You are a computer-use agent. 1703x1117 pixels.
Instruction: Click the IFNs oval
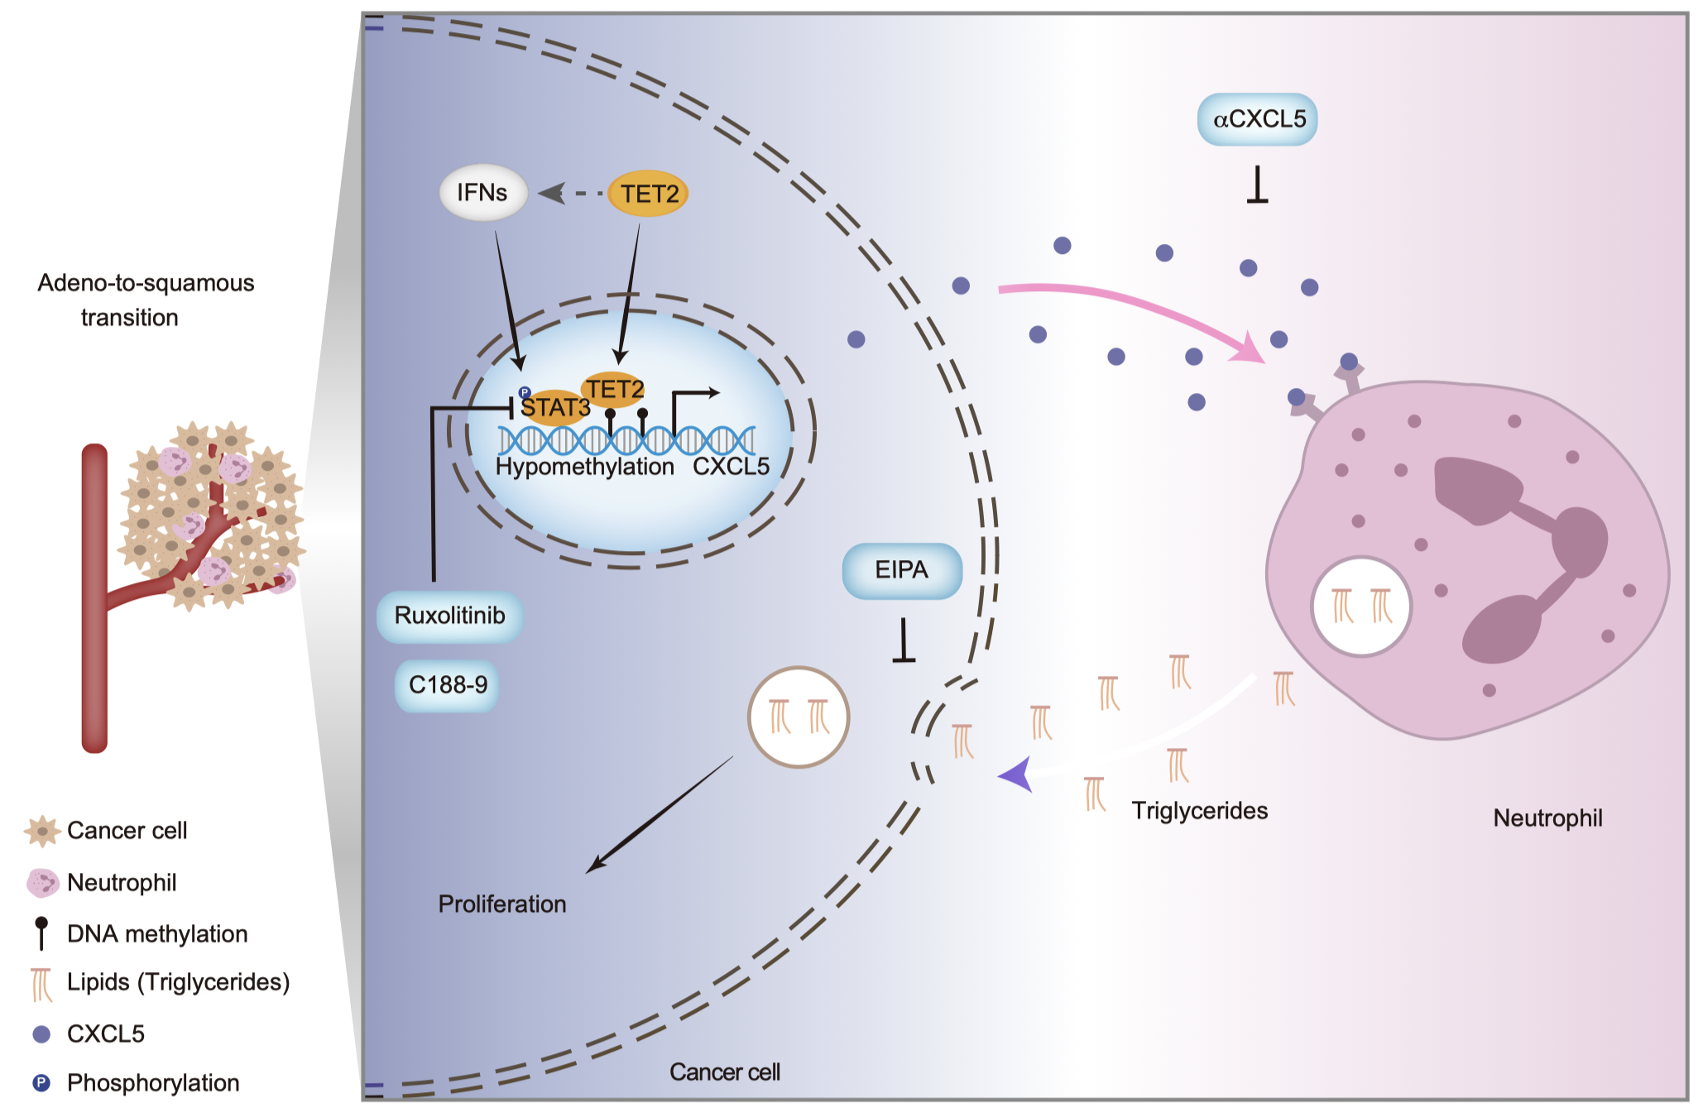tap(482, 193)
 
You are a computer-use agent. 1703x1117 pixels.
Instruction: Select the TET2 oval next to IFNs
tap(649, 194)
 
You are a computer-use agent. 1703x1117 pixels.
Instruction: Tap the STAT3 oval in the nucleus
tap(554, 407)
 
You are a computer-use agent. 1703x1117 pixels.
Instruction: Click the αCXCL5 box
tap(1258, 119)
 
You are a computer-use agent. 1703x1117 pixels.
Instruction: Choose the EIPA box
tap(902, 570)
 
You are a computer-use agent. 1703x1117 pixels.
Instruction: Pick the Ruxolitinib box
tap(449, 616)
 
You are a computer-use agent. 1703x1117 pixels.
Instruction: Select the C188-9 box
tap(448, 685)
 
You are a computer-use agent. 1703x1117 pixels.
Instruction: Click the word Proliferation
tap(501, 904)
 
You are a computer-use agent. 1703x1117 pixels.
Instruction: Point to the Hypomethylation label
tap(584, 467)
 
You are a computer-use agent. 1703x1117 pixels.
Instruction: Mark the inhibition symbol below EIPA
tap(904, 642)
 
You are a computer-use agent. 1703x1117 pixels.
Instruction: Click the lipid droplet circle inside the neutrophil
tap(1361, 606)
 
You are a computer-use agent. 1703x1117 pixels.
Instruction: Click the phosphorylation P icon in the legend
tap(41, 1082)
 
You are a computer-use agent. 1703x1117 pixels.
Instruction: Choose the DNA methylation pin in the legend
tap(41, 932)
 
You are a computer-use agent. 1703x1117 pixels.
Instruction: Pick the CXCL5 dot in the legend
tap(41, 1033)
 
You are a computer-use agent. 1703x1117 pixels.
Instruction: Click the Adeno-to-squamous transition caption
tap(145, 300)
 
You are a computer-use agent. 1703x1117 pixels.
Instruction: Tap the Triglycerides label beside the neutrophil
tap(1199, 810)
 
